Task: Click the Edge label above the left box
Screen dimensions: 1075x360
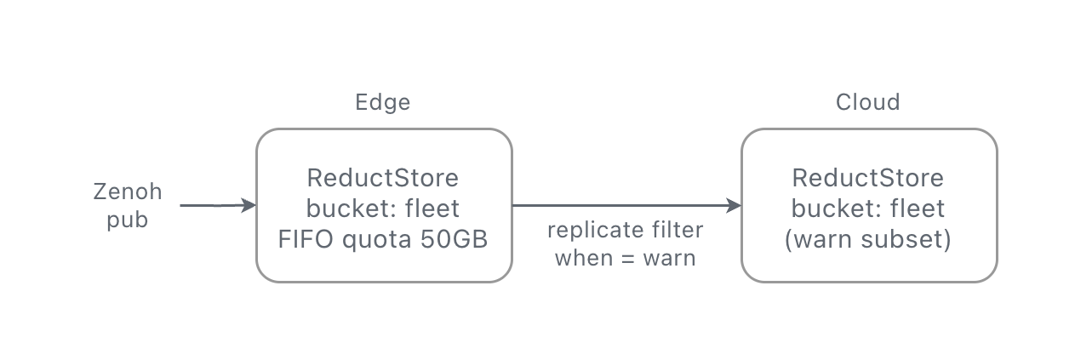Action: (x=382, y=103)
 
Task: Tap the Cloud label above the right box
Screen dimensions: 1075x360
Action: (x=867, y=102)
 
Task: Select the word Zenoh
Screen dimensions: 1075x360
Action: (x=127, y=191)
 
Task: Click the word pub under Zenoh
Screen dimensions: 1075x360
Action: (x=127, y=220)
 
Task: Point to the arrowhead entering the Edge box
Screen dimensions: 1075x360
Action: (x=249, y=205)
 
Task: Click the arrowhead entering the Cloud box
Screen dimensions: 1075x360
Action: (x=734, y=205)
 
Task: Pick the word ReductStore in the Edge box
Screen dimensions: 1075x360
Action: (x=382, y=178)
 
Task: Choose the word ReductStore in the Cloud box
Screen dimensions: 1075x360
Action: (x=867, y=178)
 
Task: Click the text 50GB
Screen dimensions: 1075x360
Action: (x=454, y=239)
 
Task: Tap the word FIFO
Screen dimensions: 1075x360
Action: (x=306, y=239)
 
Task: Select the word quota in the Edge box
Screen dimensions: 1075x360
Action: (x=377, y=239)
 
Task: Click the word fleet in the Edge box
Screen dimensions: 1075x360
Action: (x=432, y=209)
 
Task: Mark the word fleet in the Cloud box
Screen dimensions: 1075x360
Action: (x=918, y=209)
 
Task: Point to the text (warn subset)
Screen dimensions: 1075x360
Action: (x=867, y=239)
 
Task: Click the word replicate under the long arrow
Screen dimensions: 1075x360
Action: (x=596, y=230)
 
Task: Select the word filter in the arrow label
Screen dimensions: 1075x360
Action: (x=678, y=230)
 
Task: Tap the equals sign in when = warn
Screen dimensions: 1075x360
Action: (x=628, y=259)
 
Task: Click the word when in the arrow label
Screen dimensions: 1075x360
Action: (x=584, y=258)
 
